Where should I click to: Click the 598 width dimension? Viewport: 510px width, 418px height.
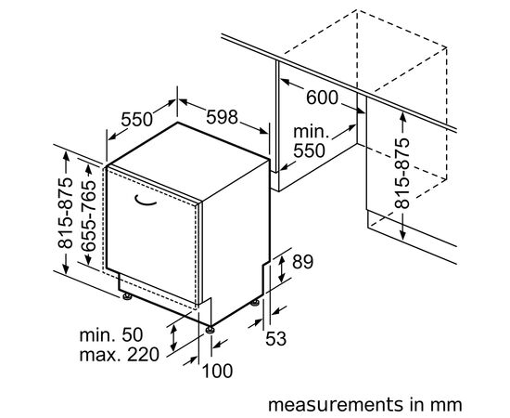[x=223, y=117]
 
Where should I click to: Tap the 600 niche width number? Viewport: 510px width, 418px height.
[x=323, y=98]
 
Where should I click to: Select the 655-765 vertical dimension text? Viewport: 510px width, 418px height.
[x=88, y=216]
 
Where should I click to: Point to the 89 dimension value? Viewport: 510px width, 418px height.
[x=302, y=262]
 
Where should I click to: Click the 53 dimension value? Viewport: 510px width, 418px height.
[x=275, y=338]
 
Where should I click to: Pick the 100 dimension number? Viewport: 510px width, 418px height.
[x=217, y=371]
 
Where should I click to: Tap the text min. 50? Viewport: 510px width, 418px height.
[x=111, y=334]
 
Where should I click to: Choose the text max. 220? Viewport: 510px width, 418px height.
[x=120, y=354]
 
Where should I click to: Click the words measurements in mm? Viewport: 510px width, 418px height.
[x=364, y=405]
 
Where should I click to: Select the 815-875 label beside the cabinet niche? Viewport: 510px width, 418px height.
[x=402, y=174]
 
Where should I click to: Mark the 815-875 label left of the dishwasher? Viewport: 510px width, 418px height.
[x=66, y=213]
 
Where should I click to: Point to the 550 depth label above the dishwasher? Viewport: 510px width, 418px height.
[x=136, y=119]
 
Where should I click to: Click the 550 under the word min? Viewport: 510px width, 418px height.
[x=309, y=150]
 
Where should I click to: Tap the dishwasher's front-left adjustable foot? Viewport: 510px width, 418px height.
[x=127, y=296]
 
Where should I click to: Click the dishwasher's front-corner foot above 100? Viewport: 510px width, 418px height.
[x=210, y=330]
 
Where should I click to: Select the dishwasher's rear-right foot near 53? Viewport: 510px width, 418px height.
[x=255, y=303]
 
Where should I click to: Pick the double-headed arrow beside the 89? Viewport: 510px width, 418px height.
[x=282, y=269]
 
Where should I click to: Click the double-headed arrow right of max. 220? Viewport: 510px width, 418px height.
[x=174, y=337]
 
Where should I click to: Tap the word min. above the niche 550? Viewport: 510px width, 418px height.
[x=311, y=132]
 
